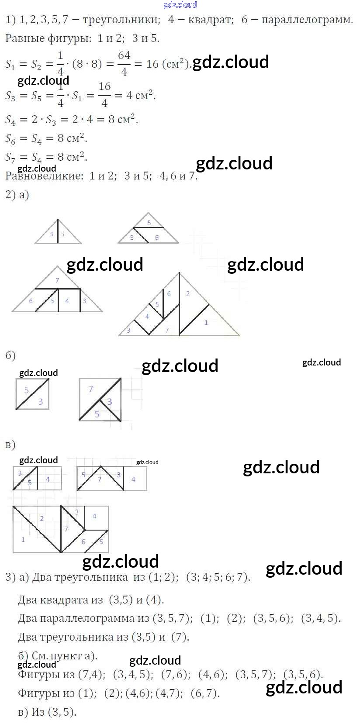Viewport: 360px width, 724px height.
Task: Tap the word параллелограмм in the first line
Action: pos(307,20)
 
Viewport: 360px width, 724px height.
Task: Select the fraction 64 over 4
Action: pos(124,63)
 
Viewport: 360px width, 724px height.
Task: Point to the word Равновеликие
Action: pos(44,176)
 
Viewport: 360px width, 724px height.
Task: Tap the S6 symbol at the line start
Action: pos(10,139)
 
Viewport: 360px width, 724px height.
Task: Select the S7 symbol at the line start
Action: pos(10,157)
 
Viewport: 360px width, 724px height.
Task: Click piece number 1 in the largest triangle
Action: pos(206,322)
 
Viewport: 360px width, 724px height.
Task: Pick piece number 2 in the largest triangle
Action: pos(188,293)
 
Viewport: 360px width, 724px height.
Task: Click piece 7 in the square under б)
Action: pos(90,389)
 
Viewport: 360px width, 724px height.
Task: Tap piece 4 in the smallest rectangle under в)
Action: pos(48,479)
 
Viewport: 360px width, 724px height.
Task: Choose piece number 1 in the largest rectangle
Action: pos(23,539)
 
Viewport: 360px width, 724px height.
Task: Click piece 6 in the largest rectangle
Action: pos(83,542)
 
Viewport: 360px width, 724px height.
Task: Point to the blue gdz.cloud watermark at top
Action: pos(180,4)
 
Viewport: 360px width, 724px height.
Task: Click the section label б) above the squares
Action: pos(10,355)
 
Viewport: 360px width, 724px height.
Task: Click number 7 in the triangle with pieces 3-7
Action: pos(57,280)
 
